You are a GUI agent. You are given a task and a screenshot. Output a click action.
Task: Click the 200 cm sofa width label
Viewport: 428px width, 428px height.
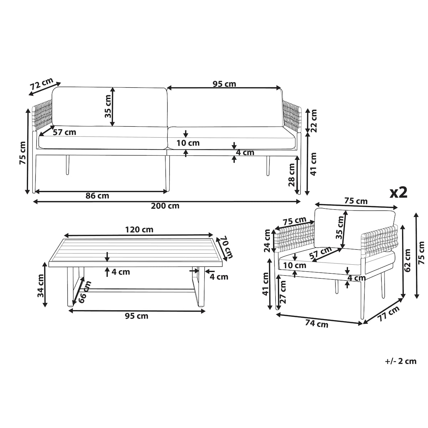point(165,206)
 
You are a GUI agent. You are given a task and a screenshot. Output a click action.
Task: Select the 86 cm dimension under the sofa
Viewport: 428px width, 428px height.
point(97,196)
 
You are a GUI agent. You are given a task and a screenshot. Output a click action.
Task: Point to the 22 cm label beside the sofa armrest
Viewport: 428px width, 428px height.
point(313,121)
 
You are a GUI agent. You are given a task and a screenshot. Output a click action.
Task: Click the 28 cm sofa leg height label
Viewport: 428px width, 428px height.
point(291,175)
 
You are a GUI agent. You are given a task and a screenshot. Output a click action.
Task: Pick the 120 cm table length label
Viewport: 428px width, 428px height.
point(139,229)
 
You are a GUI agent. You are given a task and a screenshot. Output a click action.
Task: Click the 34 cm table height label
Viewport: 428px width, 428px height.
point(41,286)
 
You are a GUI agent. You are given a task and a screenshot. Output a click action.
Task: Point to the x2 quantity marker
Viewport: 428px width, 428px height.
point(399,192)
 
